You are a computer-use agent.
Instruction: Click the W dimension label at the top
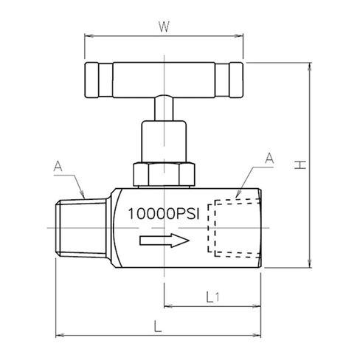coord(164,27)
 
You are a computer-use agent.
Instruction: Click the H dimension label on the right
coord(300,165)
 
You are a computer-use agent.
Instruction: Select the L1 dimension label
coord(212,297)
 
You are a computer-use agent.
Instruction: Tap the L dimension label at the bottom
coord(158,326)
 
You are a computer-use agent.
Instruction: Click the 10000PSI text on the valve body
coord(164,214)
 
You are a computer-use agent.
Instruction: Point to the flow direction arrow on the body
coord(165,240)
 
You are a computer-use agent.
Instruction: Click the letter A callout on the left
coord(58,166)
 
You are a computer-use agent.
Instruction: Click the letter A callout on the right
coord(269,158)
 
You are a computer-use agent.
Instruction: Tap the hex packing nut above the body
coord(164,174)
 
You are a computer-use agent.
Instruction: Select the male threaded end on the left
coord(82,229)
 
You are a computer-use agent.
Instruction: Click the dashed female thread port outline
coord(234,228)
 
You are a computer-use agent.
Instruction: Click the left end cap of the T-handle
coord(91,80)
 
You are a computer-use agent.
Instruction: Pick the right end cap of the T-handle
coord(236,80)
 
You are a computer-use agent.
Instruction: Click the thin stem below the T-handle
coord(164,108)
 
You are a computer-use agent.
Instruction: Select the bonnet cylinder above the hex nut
coord(164,142)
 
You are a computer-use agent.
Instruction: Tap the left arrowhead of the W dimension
coord(89,36)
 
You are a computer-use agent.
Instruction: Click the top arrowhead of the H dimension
coord(310,67)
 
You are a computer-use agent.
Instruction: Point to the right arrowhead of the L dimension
coord(257,335)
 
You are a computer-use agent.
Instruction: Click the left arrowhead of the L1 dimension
coord(168,306)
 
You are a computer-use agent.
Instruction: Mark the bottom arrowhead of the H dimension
coord(310,263)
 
